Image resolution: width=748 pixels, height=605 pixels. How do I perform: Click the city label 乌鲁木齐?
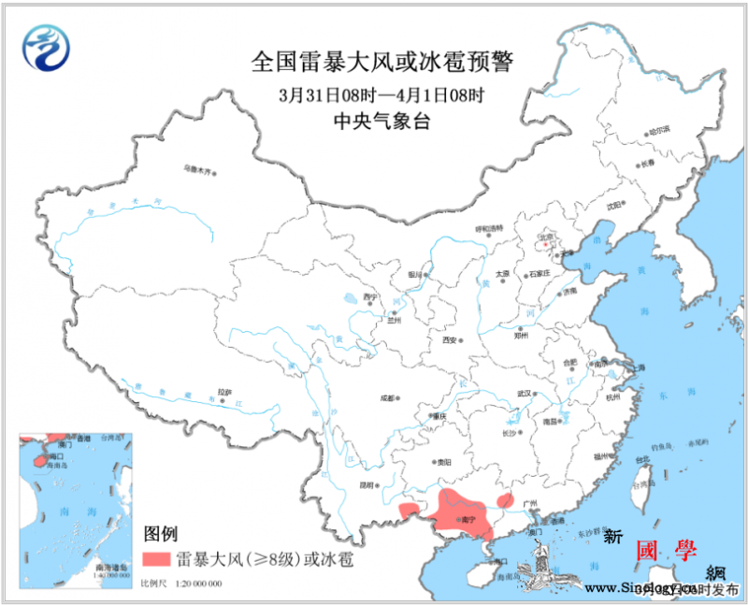pyautogui.click(x=198, y=170)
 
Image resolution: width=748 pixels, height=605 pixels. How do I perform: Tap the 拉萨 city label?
pyautogui.click(x=224, y=392)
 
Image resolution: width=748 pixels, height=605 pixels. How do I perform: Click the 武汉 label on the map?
pyautogui.click(x=525, y=393)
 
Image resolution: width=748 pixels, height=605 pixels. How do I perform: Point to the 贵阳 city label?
pyautogui.click(x=443, y=462)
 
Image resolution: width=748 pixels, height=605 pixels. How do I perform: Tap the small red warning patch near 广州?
pyautogui.click(x=506, y=500)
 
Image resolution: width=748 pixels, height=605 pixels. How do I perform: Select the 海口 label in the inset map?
pyautogui.click(x=57, y=455)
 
